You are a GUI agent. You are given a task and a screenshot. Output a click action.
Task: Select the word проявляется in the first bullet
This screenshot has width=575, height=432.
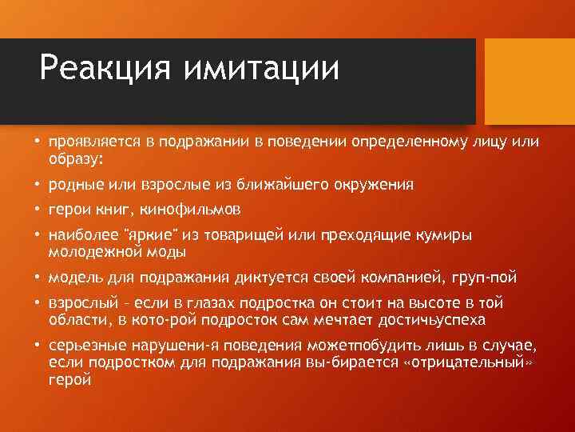pos(93,142)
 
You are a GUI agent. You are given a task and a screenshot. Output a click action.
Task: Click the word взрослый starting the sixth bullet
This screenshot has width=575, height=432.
pos(78,304)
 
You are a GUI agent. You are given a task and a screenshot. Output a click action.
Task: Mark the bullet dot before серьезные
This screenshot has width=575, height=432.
pos(37,346)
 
